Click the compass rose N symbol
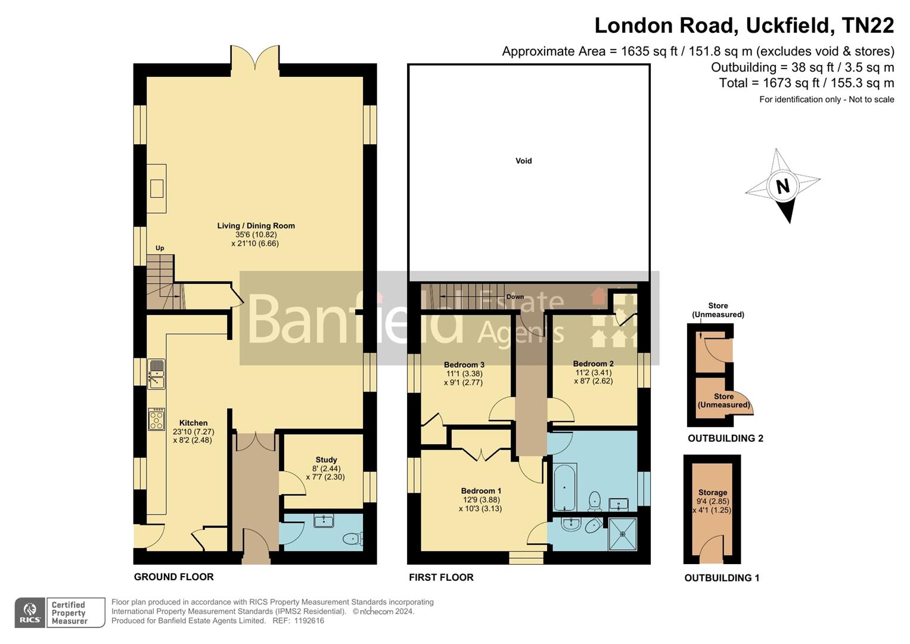tap(782, 186)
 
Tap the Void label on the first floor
tap(523, 160)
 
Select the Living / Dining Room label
tap(256, 225)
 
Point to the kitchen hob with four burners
tap(157, 419)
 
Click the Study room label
tap(326, 460)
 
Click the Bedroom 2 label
tap(593, 364)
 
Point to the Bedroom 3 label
tap(464, 364)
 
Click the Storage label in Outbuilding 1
tap(712, 493)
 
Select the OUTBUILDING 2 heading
tap(725, 438)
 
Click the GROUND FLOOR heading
tap(173, 577)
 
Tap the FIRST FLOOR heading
tap(441, 577)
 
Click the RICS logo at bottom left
tap(30, 612)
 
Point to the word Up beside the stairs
tap(160, 248)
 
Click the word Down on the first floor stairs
tap(515, 296)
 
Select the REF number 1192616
tap(306, 621)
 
